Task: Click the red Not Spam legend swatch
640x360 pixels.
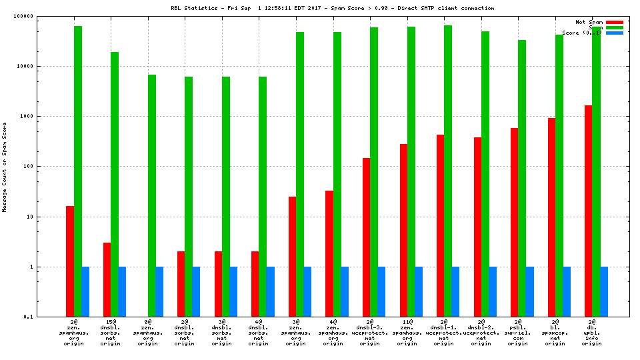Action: click(x=615, y=22)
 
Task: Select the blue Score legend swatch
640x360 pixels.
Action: click(x=615, y=33)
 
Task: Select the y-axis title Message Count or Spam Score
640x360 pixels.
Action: click(x=5, y=167)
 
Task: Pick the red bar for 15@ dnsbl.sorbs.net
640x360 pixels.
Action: click(x=107, y=279)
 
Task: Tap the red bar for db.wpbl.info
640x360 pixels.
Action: click(x=588, y=211)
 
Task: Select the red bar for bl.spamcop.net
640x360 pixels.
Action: click(x=551, y=217)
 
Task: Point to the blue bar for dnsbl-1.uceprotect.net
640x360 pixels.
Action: click(x=455, y=291)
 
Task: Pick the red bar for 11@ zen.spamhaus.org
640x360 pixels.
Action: click(x=403, y=230)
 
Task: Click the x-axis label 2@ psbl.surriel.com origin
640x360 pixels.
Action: click(x=517, y=333)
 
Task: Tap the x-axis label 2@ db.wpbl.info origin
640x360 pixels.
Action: click(x=591, y=333)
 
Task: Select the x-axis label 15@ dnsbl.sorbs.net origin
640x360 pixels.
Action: click(x=111, y=333)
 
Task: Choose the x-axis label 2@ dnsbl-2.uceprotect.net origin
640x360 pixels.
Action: click(x=481, y=333)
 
